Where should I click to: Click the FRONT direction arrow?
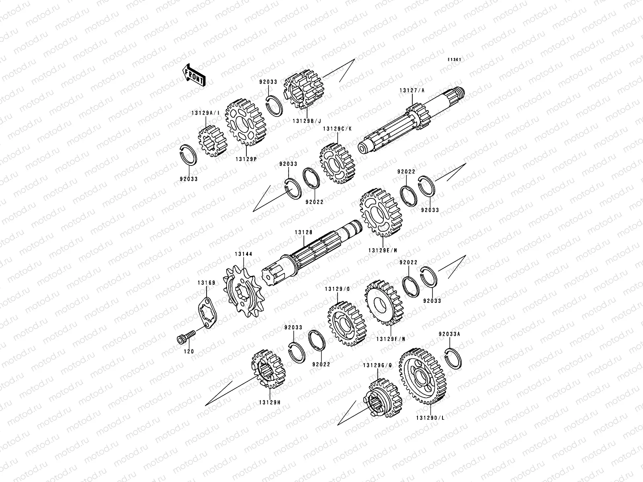click(x=194, y=75)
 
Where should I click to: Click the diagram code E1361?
click(x=455, y=60)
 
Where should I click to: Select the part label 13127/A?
click(x=412, y=91)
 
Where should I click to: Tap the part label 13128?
click(x=304, y=233)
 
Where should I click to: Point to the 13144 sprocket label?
click(x=244, y=254)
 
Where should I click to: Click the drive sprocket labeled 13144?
click(x=244, y=291)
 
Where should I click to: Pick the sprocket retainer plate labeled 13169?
click(x=207, y=313)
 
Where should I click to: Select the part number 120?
click(x=189, y=351)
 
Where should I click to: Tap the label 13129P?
click(x=246, y=159)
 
